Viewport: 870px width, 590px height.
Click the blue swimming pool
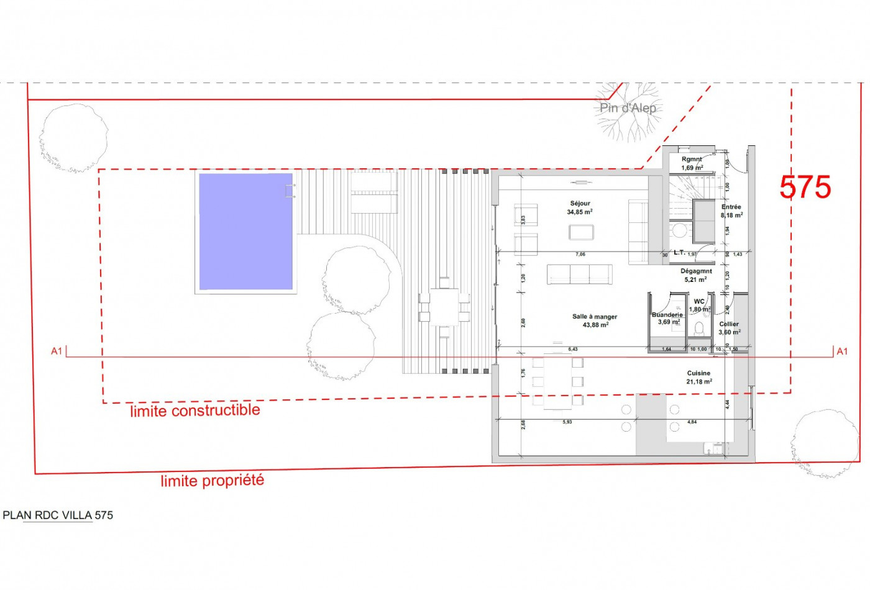tap(245, 231)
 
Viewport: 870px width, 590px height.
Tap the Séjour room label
tap(580, 204)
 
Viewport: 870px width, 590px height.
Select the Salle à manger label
tap(595, 317)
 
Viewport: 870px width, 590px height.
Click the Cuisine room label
tap(698, 373)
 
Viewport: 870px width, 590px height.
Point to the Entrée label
tap(731, 207)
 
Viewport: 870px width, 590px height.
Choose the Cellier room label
tap(729, 324)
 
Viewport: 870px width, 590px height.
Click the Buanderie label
tap(667, 315)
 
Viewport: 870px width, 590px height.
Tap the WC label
tap(699, 302)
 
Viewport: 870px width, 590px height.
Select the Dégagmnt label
tap(696, 271)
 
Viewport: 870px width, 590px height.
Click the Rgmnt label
tap(692, 160)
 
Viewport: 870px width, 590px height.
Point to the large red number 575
tap(805, 187)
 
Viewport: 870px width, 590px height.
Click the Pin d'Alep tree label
tap(628, 108)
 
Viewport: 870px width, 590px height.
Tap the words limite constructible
tap(195, 411)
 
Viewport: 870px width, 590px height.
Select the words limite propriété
tap(213, 481)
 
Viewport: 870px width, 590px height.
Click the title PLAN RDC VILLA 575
tap(58, 515)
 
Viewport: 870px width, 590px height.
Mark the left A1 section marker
tap(57, 352)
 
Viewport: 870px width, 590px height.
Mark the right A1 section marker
tap(842, 352)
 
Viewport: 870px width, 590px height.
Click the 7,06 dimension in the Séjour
tap(580, 254)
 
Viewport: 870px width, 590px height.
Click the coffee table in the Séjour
tap(581, 232)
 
